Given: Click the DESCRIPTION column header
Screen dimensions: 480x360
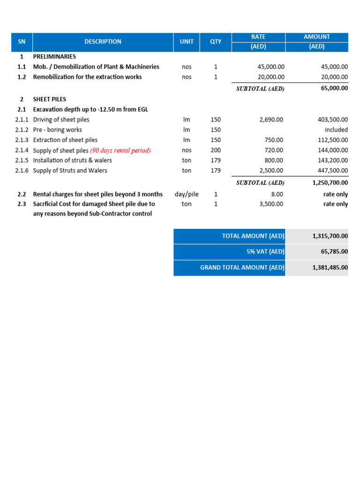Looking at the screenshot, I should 103,42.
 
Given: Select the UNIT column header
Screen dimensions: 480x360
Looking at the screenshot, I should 187,42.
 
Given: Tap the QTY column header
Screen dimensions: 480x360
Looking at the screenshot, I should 216,42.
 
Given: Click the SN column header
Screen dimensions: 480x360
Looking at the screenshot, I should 22,42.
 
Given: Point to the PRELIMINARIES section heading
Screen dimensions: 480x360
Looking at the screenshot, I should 54,57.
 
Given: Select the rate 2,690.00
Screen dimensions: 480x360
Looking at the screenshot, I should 271,120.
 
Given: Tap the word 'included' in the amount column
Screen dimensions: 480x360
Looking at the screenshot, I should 336,130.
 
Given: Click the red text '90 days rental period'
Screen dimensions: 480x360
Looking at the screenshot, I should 120,150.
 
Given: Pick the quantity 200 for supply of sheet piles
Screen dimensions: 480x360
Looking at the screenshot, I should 216,150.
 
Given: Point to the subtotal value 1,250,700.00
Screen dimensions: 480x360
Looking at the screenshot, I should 330,182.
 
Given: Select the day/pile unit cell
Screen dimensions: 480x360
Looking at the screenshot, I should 187,194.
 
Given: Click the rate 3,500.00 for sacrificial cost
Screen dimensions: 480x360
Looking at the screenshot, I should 271,204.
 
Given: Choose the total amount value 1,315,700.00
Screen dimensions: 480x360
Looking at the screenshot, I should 330,236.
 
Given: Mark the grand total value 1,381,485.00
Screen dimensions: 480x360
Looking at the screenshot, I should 330,268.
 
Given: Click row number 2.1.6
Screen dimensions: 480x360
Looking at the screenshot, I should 22,171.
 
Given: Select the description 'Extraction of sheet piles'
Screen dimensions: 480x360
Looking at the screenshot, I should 65,140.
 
